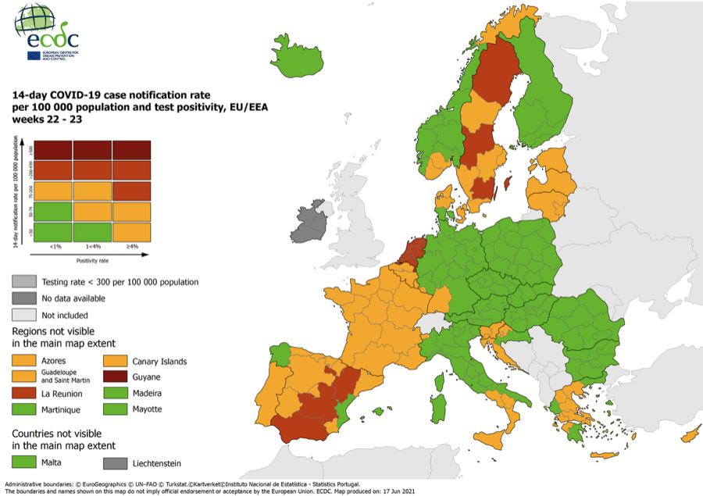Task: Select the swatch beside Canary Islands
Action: [x=116, y=361]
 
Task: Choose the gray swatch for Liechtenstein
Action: [x=116, y=462]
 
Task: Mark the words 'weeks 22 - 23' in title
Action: [x=47, y=120]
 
